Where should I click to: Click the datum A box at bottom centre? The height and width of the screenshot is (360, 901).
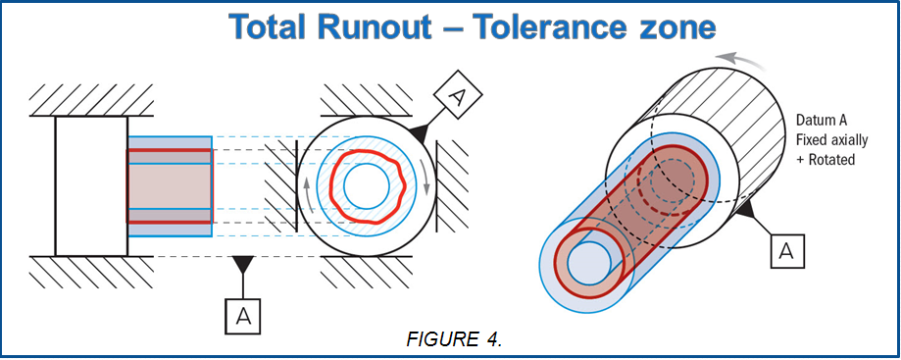pyautogui.click(x=243, y=314)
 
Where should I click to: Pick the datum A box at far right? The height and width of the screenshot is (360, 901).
pyautogui.click(x=785, y=252)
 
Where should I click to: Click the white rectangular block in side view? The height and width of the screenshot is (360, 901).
pyautogui.click(x=91, y=185)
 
